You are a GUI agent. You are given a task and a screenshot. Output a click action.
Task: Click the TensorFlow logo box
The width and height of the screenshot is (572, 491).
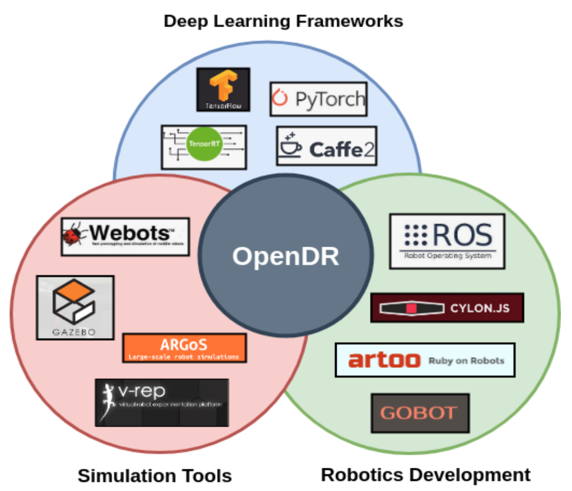[223, 90]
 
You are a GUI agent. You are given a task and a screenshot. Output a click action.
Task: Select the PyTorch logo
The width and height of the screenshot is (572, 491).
[318, 99]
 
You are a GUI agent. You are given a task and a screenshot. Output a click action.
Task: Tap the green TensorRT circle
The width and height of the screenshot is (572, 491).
[204, 144]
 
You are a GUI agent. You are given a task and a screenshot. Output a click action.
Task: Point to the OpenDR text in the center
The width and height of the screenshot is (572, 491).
[286, 256]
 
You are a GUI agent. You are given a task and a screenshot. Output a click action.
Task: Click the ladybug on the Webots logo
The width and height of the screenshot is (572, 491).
[73, 235]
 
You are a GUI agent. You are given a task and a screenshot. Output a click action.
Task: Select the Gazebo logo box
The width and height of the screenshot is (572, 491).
[75, 308]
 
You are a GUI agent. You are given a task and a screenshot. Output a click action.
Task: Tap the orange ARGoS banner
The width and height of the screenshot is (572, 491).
[184, 348]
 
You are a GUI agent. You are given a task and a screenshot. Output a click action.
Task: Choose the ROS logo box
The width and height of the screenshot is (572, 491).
[447, 241]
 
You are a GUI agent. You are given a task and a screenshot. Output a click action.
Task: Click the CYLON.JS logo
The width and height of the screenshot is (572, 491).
[447, 308]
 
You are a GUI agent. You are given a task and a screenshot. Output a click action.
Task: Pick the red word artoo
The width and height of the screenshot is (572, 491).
[384, 360]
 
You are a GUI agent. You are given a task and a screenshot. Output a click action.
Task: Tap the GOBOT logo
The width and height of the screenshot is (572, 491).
[420, 413]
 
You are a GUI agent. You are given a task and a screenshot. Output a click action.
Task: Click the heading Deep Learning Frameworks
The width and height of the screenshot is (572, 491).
[283, 21]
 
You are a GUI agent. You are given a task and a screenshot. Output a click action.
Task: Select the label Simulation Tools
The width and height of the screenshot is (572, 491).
[155, 476]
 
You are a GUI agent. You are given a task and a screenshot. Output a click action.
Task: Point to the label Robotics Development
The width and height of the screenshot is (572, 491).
[425, 475]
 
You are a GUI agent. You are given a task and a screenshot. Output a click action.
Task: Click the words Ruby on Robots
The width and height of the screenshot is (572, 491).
[466, 361]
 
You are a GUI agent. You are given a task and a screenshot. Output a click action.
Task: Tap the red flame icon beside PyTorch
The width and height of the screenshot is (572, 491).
[280, 98]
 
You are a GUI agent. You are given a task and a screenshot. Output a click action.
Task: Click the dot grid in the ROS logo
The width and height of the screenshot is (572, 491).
[416, 235]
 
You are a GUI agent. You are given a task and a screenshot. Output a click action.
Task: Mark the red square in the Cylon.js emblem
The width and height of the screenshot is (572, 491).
[411, 308]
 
